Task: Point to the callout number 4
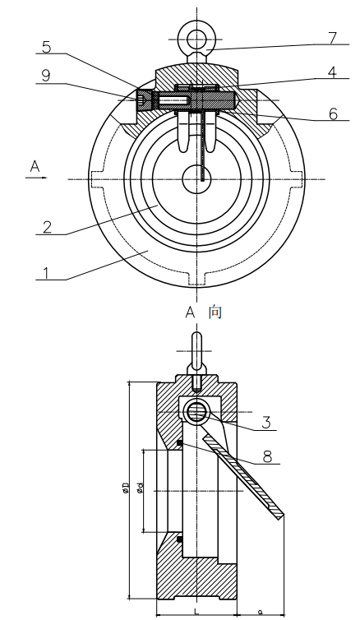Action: (332, 72)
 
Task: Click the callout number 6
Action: (333, 113)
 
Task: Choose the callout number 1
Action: (47, 272)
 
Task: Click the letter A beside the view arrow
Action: (35, 167)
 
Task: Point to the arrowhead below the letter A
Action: (45, 178)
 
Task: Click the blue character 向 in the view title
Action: (215, 312)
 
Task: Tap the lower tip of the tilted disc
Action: (281, 516)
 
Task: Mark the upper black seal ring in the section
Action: (178, 444)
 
